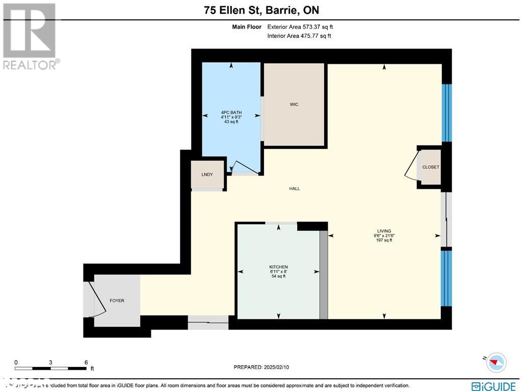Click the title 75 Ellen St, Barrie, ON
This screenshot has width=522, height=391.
[260, 10]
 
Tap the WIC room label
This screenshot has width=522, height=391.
[294, 104]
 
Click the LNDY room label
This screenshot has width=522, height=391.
[207, 175]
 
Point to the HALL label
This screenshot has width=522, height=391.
[294, 188]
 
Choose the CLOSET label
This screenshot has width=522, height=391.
[430, 167]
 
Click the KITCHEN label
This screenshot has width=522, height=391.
[278, 267]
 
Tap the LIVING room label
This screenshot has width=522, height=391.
[384, 231]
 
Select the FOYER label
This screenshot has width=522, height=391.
[117, 301]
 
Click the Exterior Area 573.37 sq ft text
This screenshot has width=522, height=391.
[300, 27]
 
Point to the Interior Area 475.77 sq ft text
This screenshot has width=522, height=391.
[299, 36]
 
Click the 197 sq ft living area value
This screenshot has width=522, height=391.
[384, 240]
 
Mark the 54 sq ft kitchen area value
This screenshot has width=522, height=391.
[278, 276]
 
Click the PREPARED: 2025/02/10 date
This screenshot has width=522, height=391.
[261, 367]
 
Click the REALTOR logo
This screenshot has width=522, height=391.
[30, 36]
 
